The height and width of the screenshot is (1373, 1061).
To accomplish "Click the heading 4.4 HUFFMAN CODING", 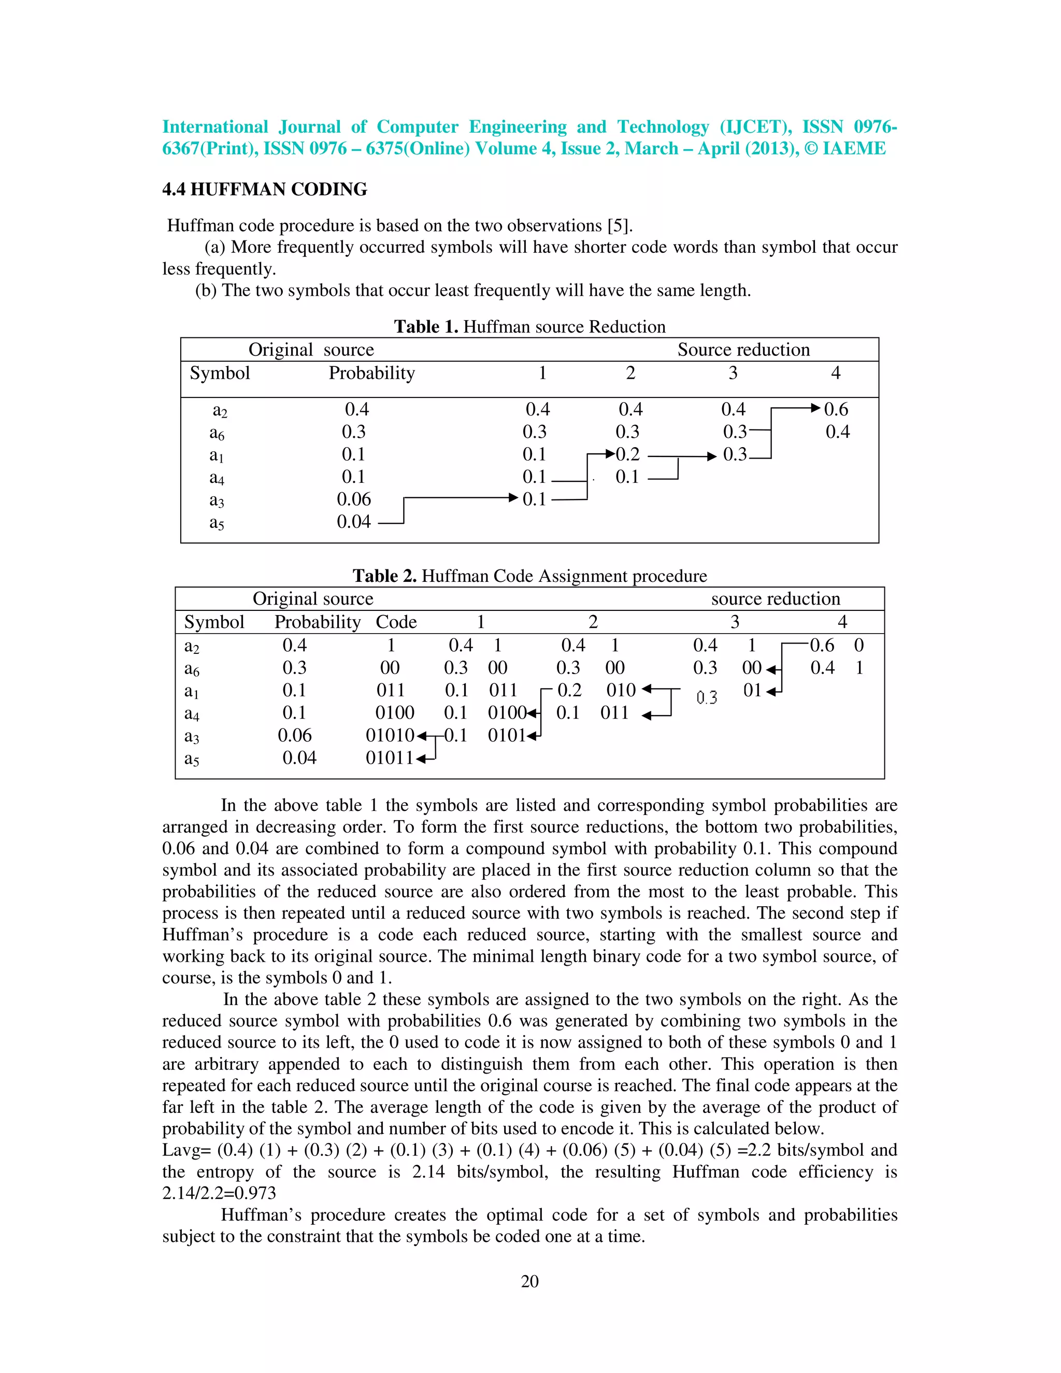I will [265, 189].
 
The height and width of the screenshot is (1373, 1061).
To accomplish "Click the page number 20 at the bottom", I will [529, 1281].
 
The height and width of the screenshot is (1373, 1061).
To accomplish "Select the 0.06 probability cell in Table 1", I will [354, 499].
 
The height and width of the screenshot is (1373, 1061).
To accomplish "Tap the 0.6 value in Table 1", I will [836, 409].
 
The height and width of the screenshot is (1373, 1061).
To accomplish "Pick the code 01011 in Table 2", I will [389, 758].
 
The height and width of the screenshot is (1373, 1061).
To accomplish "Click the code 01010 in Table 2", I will [390, 736].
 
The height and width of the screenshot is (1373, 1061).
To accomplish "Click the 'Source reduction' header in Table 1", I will [743, 350].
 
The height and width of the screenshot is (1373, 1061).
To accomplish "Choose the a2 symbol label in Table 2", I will [192, 646].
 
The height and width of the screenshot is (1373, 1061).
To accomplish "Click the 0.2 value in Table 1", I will [627, 454].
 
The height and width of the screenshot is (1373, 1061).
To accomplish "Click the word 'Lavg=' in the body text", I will [188, 1150].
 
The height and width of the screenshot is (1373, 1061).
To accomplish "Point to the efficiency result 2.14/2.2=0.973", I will [219, 1193].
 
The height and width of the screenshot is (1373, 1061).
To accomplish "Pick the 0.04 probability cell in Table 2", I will [299, 758].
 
